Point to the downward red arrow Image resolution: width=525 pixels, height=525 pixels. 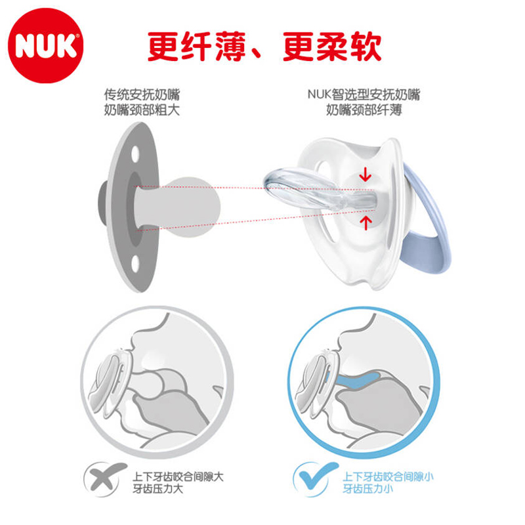[366, 174]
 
